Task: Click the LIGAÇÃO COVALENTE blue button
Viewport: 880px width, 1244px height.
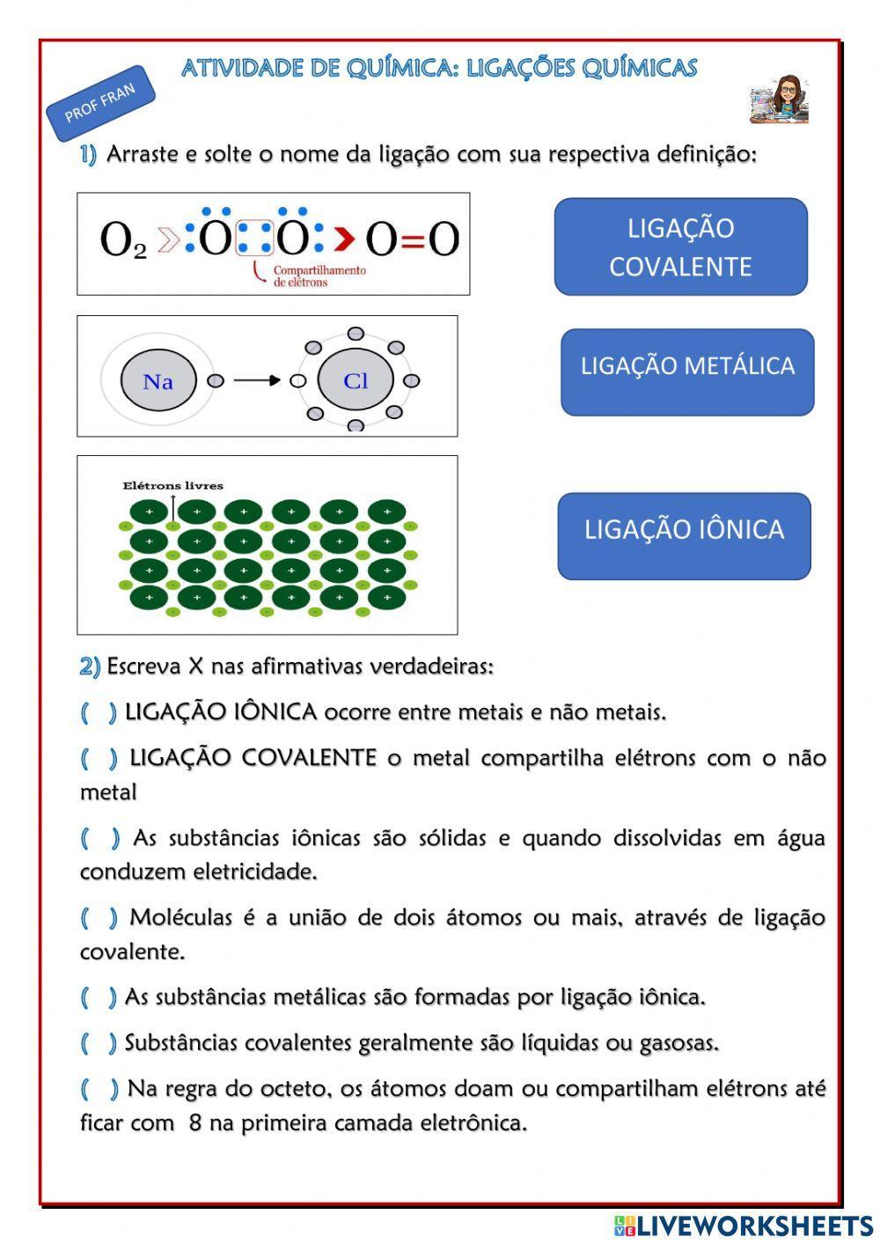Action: tap(680, 247)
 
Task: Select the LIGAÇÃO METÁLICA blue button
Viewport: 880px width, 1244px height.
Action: tap(687, 372)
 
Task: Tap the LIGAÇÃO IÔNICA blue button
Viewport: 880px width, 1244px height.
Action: tap(684, 535)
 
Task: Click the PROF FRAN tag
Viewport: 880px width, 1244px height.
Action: tap(100, 103)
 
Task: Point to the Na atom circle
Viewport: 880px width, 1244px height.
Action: tap(158, 381)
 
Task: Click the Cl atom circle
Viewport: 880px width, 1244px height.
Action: tap(356, 380)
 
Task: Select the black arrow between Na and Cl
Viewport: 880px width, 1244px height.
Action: tap(257, 380)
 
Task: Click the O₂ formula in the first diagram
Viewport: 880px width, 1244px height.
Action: tap(122, 239)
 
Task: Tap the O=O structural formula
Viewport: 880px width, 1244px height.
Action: tap(412, 239)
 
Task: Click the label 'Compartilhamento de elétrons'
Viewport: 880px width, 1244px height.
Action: tap(319, 276)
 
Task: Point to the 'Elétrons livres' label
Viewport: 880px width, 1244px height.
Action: tap(172, 485)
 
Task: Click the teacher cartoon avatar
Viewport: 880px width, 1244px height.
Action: tap(779, 99)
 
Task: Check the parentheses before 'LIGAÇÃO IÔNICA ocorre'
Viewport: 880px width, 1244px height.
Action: tap(99, 712)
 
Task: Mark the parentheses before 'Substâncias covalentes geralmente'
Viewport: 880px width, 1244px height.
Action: tap(99, 1043)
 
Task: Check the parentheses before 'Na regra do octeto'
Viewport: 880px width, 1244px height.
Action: tap(99, 1089)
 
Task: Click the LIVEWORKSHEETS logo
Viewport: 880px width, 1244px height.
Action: tap(744, 1226)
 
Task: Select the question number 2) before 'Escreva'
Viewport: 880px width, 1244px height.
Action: tap(90, 666)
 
